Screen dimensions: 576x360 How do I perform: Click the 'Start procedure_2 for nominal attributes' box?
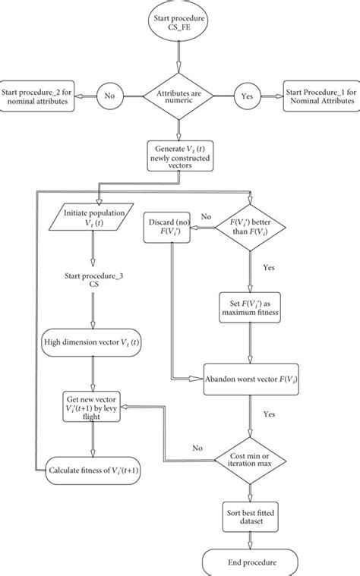(x=38, y=96)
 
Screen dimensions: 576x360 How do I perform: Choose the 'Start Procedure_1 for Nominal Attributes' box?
(x=320, y=96)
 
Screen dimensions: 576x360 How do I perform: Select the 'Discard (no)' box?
(x=168, y=228)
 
